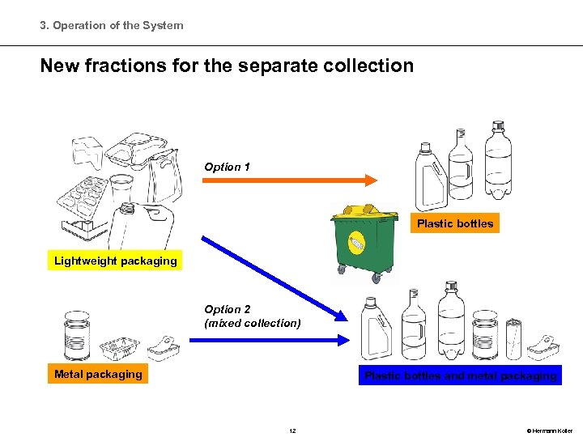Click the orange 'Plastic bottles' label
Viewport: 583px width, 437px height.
pyautogui.click(x=454, y=223)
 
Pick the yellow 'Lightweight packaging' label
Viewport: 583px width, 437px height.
pyautogui.click(x=115, y=261)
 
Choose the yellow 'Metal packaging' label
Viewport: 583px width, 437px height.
pyautogui.click(x=98, y=374)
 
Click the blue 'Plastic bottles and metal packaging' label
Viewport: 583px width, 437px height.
pyautogui.click(x=460, y=375)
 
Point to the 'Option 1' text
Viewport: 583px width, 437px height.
pyautogui.click(x=227, y=167)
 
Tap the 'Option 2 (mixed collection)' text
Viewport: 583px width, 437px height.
pyautogui.click(x=252, y=316)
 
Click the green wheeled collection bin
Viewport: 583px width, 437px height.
pyautogui.click(x=364, y=247)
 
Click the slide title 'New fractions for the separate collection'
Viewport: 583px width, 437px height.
pyautogui.click(x=227, y=66)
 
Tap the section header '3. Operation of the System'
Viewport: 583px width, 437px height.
pyautogui.click(x=112, y=25)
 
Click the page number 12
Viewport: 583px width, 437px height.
pyautogui.click(x=292, y=431)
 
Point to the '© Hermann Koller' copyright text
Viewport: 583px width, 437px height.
pyautogui.click(x=548, y=431)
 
